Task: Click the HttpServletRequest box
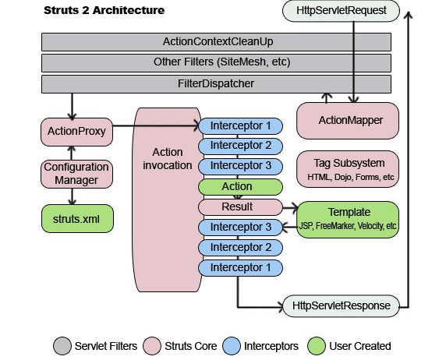pos(341,11)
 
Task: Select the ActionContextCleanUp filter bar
pos(216,42)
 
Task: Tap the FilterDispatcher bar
pos(216,84)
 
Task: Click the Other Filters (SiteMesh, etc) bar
pos(216,63)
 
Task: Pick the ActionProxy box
pos(76,132)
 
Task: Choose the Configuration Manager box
pos(76,174)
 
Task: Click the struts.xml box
pos(77,218)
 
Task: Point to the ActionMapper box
pos(348,121)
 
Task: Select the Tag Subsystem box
pos(348,169)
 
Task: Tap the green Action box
pos(240,187)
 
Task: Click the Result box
pos(240,207)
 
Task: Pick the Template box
pos(348,220)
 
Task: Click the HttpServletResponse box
pos(341,305)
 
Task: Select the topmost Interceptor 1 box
pos(240,126)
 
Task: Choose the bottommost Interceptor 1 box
pos(240,268)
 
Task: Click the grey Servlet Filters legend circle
pos(62,346)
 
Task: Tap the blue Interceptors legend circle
pos(232,346)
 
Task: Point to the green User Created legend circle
pos(317,346)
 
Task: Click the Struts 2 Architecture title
pos(104,10)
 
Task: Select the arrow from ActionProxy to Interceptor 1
pos(156,125)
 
